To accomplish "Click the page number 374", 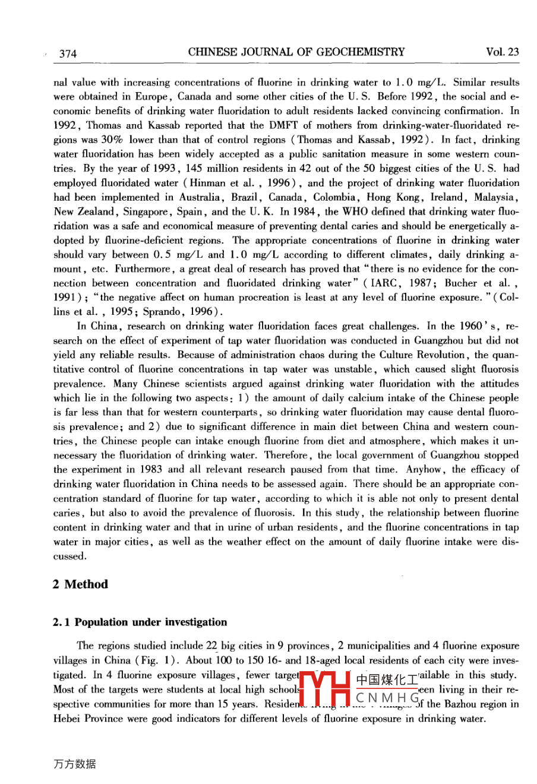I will (68, 53).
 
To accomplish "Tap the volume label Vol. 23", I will (502, 52).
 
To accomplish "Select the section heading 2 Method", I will (80, 584).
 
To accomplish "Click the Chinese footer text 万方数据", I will (74, 764).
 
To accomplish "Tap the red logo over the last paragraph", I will (324, 690).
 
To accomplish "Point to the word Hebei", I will (67, 719).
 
